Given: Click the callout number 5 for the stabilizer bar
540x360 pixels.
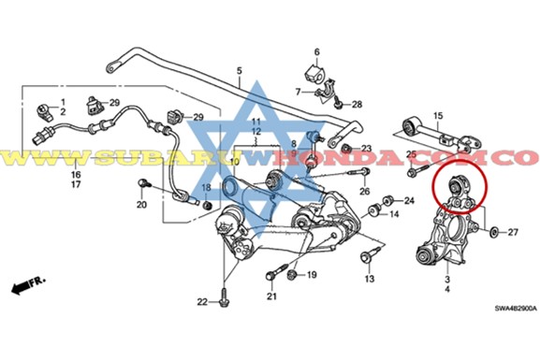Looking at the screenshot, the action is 239,71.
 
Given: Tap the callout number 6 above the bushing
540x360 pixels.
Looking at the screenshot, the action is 316,51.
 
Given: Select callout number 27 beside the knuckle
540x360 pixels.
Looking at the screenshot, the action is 513,230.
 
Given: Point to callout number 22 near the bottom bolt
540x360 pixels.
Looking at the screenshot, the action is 201,301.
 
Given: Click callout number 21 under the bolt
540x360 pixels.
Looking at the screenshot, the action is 272,297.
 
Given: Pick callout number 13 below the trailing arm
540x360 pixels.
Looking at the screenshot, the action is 370,280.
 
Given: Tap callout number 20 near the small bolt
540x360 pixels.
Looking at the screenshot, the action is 141,206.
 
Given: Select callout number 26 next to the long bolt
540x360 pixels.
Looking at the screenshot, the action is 365,191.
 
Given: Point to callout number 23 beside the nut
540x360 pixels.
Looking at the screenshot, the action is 367,149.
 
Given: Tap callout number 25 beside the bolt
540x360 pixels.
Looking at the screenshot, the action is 410,154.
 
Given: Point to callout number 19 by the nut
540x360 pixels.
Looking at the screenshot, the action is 312,275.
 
